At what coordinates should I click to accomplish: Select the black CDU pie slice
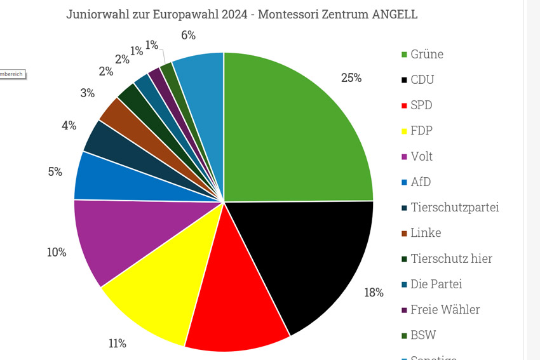pos(305,260)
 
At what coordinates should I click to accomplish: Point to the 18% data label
pos(374,293)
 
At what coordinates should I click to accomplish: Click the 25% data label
pos(351,78)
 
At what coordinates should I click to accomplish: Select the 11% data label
pos(117,343)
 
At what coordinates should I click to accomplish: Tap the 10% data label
pos(57,252)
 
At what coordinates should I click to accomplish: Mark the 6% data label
pos(188,36)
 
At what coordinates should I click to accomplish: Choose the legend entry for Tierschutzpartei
pos(454,208)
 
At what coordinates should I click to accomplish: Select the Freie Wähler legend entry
pos(445,310)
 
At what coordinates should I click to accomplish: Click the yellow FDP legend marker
pos(403,131)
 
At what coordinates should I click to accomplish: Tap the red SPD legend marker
pos(403,106)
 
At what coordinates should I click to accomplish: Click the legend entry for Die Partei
pos(436,284)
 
